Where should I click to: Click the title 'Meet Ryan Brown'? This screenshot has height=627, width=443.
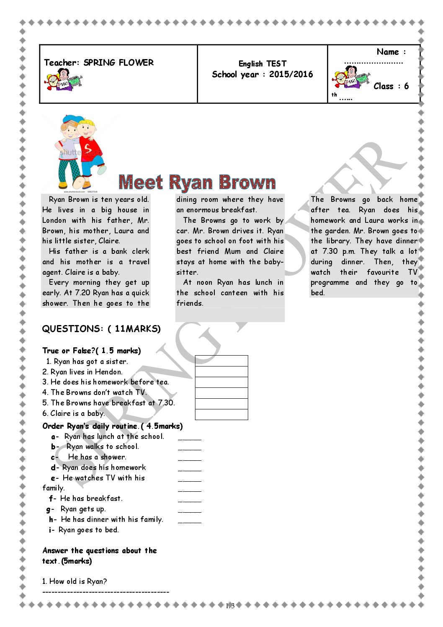tap(197, 182)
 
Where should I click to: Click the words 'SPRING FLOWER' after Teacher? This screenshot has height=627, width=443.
tap(118, 62)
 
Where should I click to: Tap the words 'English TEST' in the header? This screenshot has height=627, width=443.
tap(263, 64)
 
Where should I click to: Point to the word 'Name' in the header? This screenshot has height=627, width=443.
tap(388, 52)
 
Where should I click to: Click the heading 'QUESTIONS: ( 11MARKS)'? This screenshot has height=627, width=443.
tap(101, 329)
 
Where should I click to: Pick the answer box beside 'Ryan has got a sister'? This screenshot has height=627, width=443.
tap(221, 361)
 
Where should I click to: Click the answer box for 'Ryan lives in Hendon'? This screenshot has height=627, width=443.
tap(221, 372)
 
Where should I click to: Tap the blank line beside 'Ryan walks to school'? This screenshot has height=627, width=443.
tap(189, 449)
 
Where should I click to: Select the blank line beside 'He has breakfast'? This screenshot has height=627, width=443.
tap(189, 501)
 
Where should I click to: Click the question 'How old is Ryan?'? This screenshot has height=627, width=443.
tap(75, 581)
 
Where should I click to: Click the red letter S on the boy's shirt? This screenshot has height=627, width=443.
tap(88, 148)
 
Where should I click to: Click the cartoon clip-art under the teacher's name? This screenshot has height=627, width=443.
tap(64, 80)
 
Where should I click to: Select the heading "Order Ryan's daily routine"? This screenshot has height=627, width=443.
tap(112, 426)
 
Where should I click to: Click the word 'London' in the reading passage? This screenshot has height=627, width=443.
tap(54, 220)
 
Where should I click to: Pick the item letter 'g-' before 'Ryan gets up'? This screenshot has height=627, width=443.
tap(50, 509)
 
